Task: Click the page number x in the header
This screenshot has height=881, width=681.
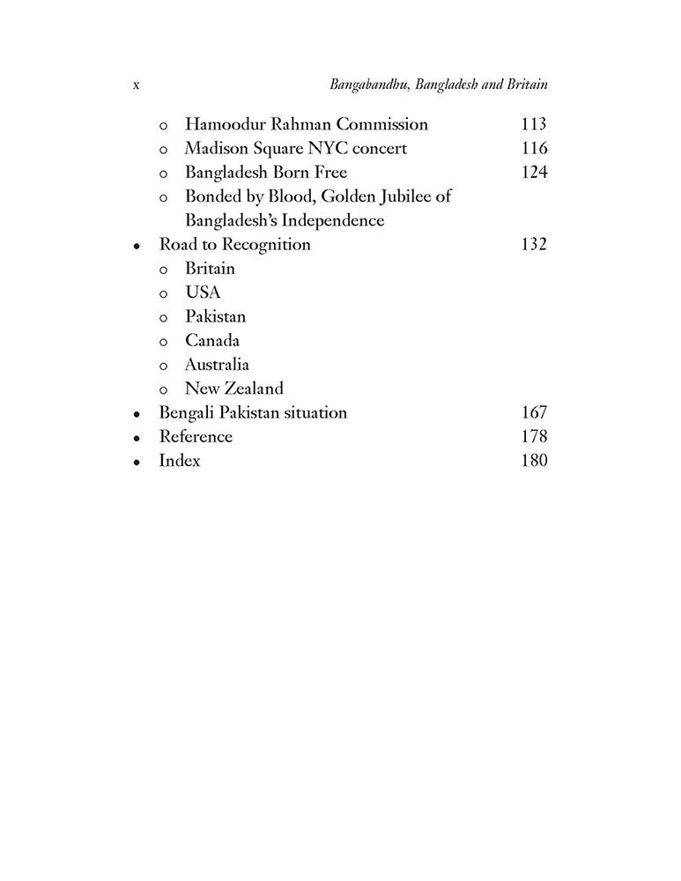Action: [x=137, y=85]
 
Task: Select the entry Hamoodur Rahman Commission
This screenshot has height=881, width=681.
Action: [x=306, y=124]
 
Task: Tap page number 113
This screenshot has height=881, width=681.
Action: [x=534, y=124]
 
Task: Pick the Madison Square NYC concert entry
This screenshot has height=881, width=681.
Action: [x=296, y=148]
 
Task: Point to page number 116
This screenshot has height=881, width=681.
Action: [x=534, y=148]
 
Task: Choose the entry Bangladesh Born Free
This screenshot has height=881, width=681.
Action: [x=266, y=172]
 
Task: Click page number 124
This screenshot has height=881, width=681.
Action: [x=534, y=172]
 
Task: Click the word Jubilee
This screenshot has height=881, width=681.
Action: [x=403, y=196]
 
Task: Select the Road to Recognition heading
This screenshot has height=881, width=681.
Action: [x=234, y=244]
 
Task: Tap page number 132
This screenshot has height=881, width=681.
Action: [x=534, y=244]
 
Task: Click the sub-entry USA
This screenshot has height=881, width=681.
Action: [x=203, y=292]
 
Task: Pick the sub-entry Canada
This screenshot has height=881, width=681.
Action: [x=211, y=340]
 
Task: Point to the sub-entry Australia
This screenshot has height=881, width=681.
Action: [x=217, y=364]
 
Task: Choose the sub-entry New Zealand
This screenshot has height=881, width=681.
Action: [x=234, y=388]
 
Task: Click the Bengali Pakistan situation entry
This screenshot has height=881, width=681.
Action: [x=253, y=412]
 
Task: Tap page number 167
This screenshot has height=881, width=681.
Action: [x=534, y=412]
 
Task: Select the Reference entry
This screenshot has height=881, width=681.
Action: [x=196, y=436]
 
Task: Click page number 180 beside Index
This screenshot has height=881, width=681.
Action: [x=534, y=460]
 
